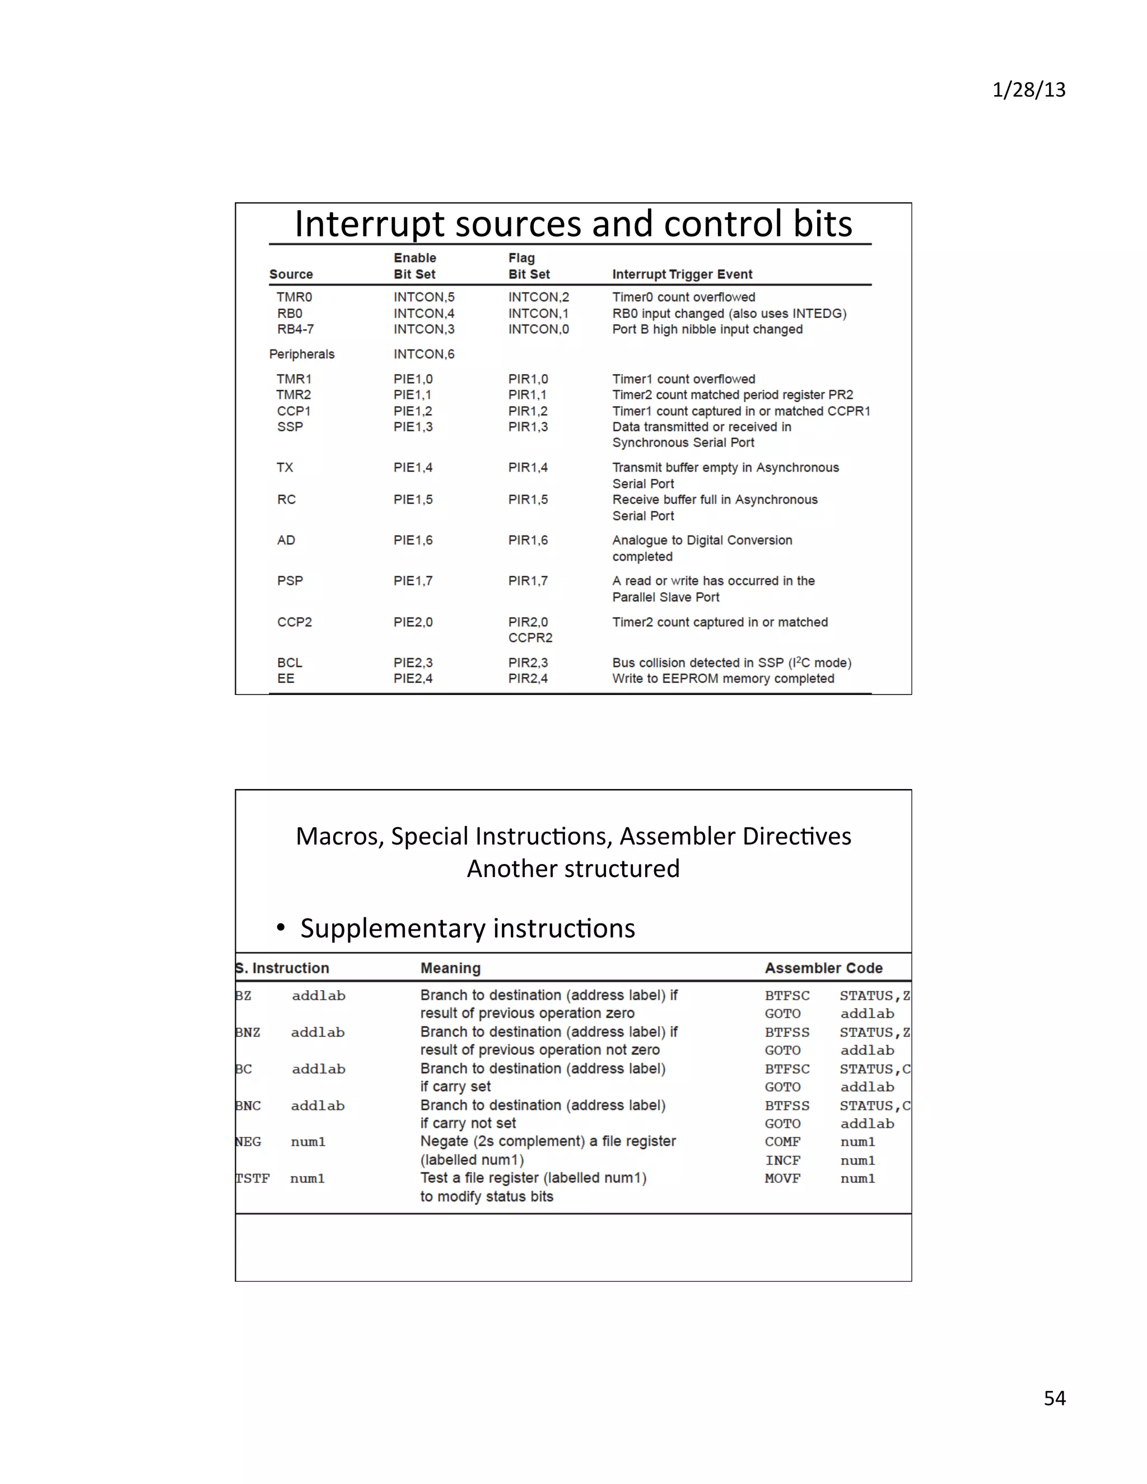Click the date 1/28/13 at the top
tap(1028, 90)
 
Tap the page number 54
tap(1055, 1398)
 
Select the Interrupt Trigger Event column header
tap(682, 274)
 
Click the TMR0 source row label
tap(293, 297)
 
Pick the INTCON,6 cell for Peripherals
tap(423, 354)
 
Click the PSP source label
tap(290, 581)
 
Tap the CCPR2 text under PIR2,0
tap(530, 637)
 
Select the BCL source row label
tap(290, 662)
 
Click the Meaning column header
tap(450, 968)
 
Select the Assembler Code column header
tap(823, 968)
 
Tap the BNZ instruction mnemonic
tap(248, 1032)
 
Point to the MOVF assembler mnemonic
tap(782, 1178)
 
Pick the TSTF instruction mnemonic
tap(252, 1178)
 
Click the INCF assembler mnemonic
tap(782, 1160)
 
